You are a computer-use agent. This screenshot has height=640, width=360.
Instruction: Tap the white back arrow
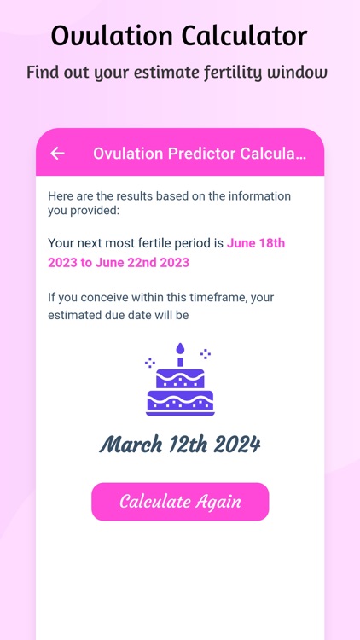[x=57, y=154]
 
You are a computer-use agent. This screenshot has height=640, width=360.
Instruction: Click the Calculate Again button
[x=180, y=502]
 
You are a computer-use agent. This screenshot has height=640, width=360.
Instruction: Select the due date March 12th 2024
[x=180, y=445]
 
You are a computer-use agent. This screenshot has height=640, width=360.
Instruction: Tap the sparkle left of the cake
[x=150, y=362]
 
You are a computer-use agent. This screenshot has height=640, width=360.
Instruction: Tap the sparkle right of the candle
[x=205, y=352]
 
